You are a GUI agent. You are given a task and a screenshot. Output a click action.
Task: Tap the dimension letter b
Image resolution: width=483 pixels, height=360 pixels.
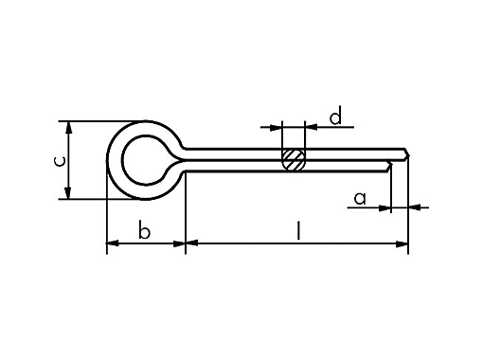click(144, 230)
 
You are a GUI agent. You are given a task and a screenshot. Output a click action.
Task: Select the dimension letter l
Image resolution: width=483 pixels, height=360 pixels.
click(298, 229)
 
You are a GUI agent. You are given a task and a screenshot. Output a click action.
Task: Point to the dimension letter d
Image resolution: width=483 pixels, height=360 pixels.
click(334, 117)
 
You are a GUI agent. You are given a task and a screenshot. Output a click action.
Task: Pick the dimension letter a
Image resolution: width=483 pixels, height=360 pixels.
click(360, 197)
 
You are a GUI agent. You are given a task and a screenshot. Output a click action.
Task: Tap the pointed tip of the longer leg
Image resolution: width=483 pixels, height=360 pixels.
click(408, 153)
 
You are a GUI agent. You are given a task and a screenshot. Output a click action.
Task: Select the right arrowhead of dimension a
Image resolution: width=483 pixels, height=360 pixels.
click(414, 207)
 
